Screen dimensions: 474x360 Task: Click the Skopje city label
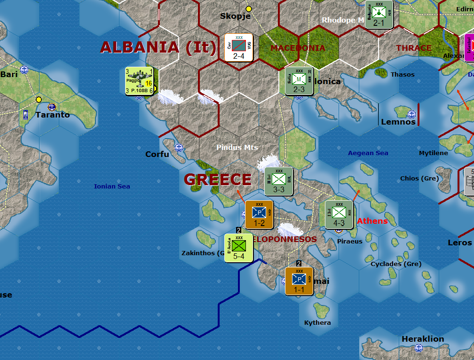pyautogui.click(x=235, y=16)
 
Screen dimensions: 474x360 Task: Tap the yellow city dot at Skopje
pyautogui.click(x=249, y=8)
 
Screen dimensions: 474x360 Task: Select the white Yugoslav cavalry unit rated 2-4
pyautogui.click(x=239, y=47)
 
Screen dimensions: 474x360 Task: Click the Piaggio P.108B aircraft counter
pyautogui.click(x=139, y=81)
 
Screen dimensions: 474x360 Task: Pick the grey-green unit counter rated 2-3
pyautogui.click(x=299, y=81)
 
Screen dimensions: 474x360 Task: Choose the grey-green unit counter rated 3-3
pyautogui.click(x=279, y=181)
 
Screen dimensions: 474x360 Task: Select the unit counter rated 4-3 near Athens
pyautogui.click(x=339, y=215)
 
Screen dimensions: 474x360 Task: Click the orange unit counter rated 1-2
pyautogui.click(x=259, y=215)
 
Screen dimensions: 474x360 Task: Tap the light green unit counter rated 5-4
pyautogui.click(x=239, y=248)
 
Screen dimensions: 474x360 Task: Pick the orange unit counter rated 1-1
pyautogui.click(x=299, y=281)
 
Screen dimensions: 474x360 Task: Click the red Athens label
pyautogui.click(x=372, y=221)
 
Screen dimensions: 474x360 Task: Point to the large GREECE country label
pyautogui.click(x=218, y=180)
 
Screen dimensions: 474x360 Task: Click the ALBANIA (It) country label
pyautogui.click(x=158, y=47)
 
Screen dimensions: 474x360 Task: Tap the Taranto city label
pyautogui.click(x=53, y=115)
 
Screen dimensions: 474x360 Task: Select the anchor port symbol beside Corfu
pyautogui.click(x=179, y=148)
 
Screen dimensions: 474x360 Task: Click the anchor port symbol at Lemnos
pyautogui.click(x=412, y=114)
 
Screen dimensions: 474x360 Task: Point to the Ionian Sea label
pyautogui.click(x=112, y=187)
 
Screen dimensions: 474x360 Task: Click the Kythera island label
pyautogui.click(x=317, y=323)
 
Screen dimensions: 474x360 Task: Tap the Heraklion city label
pyautogui.click(x=423, y=339)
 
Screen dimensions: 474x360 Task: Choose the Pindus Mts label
pyautogui.click(x=237, y=148)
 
